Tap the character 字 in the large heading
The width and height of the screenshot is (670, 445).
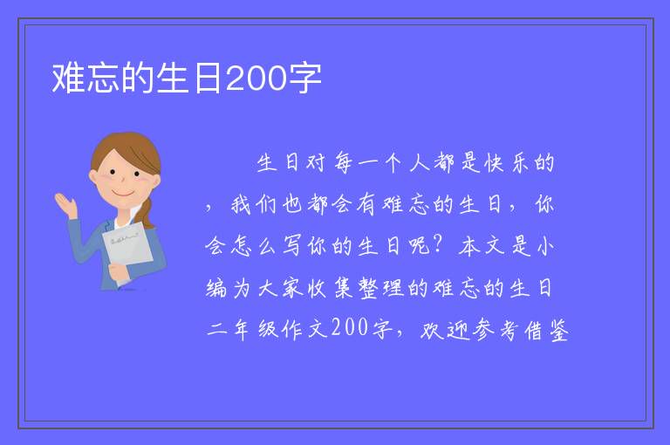pos(304,79)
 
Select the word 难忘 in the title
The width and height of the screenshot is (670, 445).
pos(85,79)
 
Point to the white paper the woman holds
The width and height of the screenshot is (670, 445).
pos(126,248)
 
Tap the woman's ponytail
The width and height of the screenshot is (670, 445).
pos(147,213)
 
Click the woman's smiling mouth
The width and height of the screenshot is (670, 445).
pos(123,194)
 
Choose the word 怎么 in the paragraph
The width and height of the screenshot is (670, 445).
pos(254,246)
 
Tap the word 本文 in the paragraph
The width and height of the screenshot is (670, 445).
pos(482,246)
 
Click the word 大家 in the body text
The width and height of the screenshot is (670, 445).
pos(281,288)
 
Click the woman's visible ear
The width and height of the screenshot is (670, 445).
pos(93,177)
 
